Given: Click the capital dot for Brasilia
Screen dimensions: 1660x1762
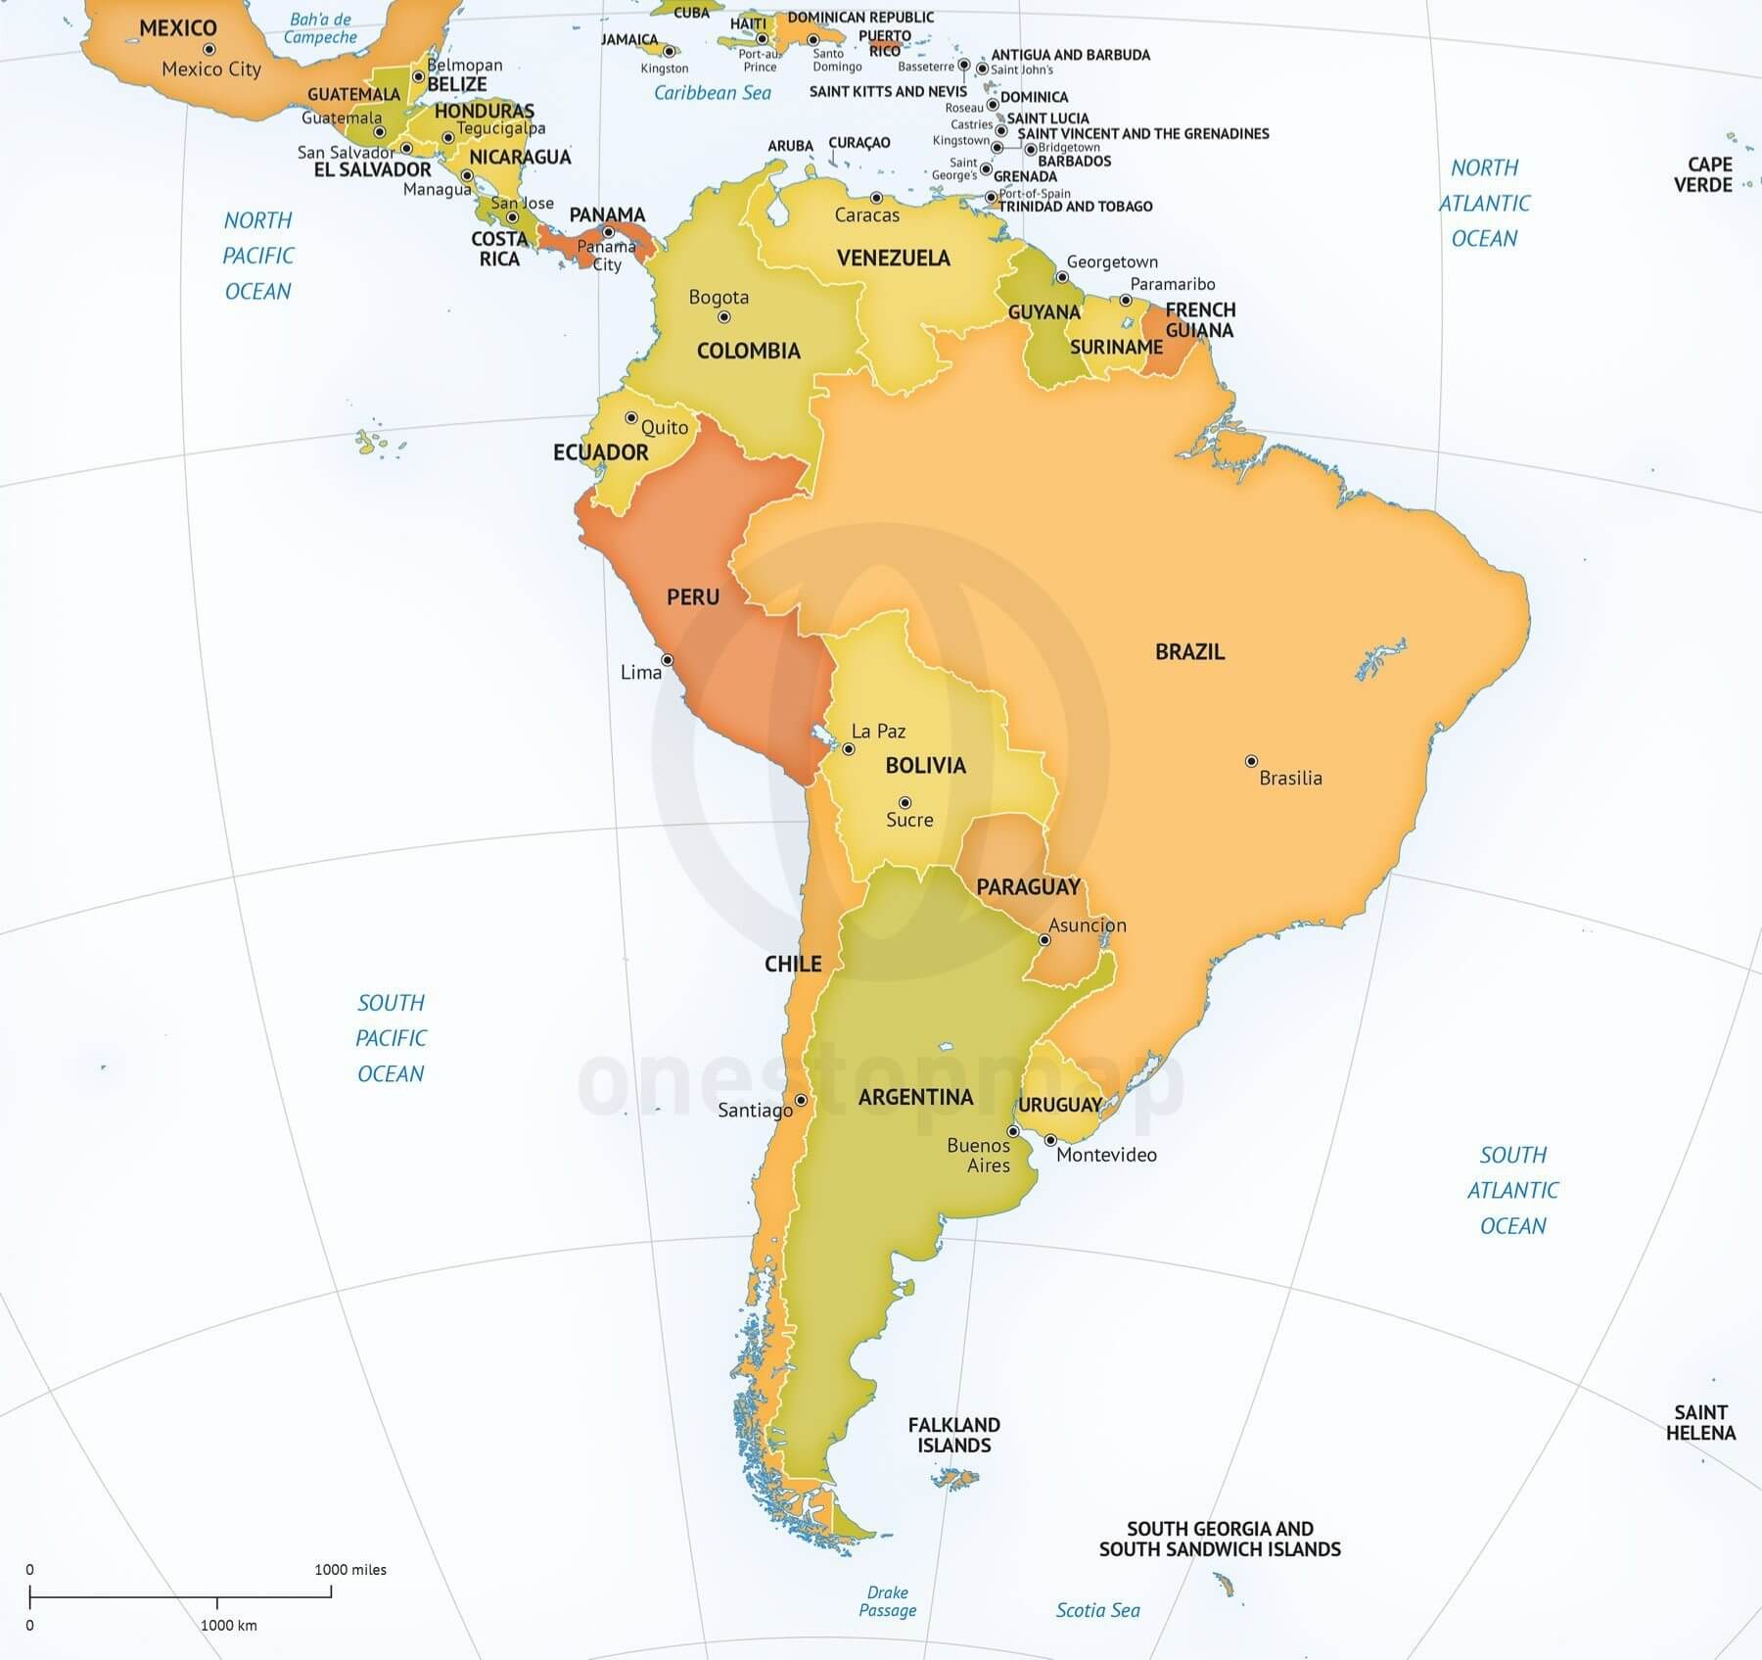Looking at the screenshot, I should pyautogui.click(x=1251, y=761).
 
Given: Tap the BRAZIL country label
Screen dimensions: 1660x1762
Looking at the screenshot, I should pyautogui.click(x=1189, y=652).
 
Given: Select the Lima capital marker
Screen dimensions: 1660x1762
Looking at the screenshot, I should pyautogui.click(x=668, y=660).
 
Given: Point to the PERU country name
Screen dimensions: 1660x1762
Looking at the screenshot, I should pyautogui.click(x=693, y=597).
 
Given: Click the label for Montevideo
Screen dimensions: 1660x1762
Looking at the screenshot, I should pyautogui.click(x=1106, y=1156).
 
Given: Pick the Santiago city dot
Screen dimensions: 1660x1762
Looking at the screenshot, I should pyautogui.click(x=801, y=1101).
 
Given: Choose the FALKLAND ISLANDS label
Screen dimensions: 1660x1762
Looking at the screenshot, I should pyautogui.click(x=953, y=1435).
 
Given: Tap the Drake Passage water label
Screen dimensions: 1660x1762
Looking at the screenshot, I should pyautogui.click(x=888, y=1601).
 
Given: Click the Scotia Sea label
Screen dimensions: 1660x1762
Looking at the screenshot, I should pyautogui.click(x=1097, y=1610).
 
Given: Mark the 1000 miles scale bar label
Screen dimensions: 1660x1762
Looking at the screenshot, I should pyautogui.click(x=350, y=1569).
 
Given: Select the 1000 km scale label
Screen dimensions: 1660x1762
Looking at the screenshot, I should pyautogui.click(x=229, y=1625).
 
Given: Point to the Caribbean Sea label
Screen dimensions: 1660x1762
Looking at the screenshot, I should pyautogui.click(x=712, y=93).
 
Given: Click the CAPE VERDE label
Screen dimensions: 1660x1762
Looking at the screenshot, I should pyautogui.click(x=1702, y=174).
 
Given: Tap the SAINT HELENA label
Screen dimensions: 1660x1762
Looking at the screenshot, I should pyautogui.click(x=1700, y=1422).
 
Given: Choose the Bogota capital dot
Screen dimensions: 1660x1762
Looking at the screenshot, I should pyautogui.click(x=724, y=317).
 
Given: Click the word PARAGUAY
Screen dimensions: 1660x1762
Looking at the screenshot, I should pyautogui.click(x=1028, y=887).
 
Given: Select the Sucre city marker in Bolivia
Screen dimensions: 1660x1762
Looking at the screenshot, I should pyautogui.click(x=905, y=803).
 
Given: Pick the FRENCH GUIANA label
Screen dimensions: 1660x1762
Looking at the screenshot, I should pyautogui.click(x=1200, y=320).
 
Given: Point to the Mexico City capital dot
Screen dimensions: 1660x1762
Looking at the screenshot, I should pyautogui.click(x=209, y=49).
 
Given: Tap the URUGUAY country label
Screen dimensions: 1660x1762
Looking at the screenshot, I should pyautogui.click(x=1060, y=1105).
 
